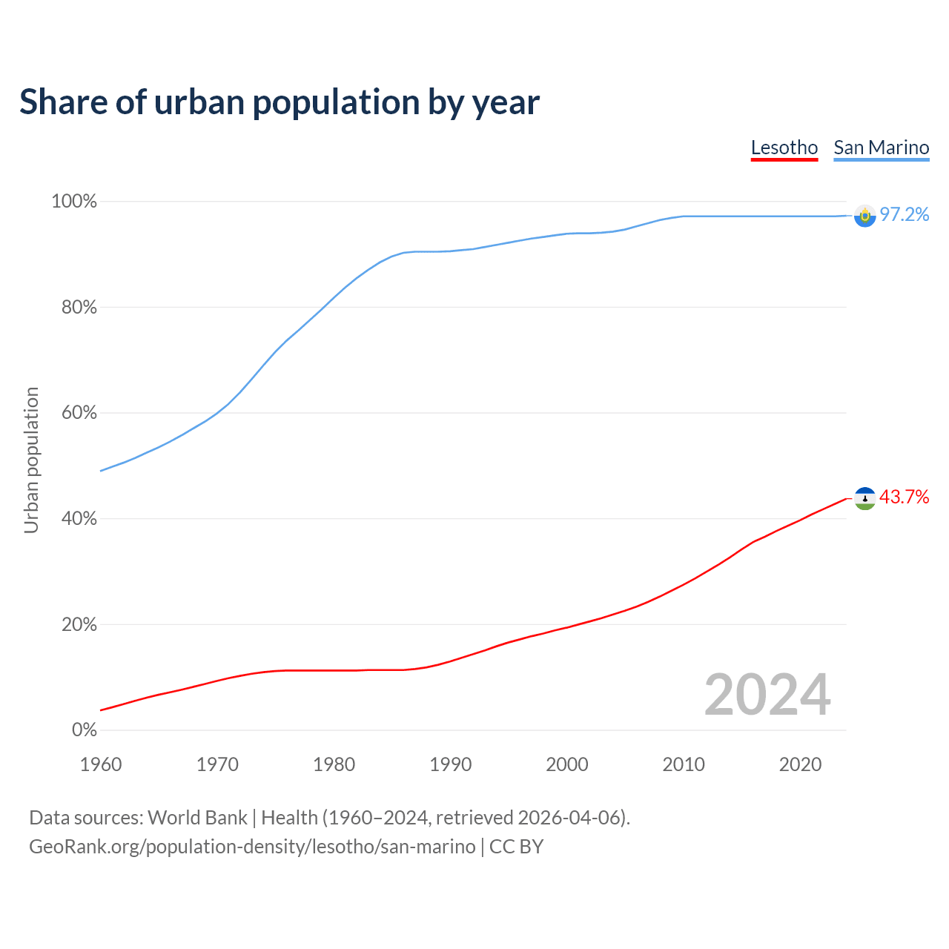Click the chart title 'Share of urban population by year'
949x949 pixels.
(x=280, y=102)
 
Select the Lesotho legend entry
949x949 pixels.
(x=784, y=148)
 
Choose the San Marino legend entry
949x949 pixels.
(x=881, y=148)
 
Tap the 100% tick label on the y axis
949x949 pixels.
(x=74, y=202)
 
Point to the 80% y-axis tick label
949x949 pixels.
(x=79, y=307)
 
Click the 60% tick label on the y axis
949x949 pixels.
(x=79, y=413)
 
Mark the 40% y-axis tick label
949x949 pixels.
(x=79, y=519)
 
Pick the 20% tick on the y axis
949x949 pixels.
(x=79, y=624)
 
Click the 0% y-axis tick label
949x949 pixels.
(x=84, y=730)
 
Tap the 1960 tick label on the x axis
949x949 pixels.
(x=101, y=764)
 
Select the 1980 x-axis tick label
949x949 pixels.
(x=334, y=764)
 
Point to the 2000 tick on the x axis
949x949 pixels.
(x=567, y=764)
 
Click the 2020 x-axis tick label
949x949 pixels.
(x=800, y=764)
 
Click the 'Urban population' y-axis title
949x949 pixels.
(x=31, y=460)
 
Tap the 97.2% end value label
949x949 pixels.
(x=904, y=215)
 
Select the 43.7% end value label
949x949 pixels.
(x=904, y=497)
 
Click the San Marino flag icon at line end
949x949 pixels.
(x=864, y=216)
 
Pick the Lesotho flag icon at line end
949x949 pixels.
(x=864, y=498)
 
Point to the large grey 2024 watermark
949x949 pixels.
(x=767, y=695)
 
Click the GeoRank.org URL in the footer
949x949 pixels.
(x=252, y=847)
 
